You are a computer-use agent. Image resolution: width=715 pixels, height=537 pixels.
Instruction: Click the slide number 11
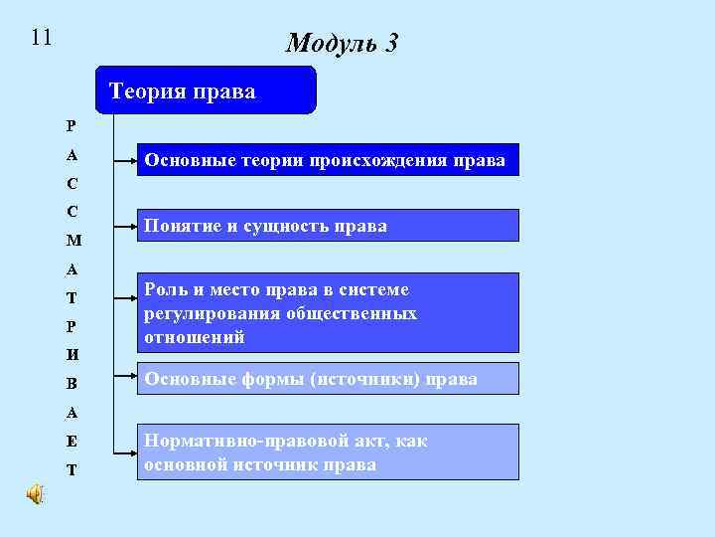41,38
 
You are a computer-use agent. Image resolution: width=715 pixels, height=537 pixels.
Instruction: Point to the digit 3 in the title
390,44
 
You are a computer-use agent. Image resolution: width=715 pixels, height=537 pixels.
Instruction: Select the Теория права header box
205,91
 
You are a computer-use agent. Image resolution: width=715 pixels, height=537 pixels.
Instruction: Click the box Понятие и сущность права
328,226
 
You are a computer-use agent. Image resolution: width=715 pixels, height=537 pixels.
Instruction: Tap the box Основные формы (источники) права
328,379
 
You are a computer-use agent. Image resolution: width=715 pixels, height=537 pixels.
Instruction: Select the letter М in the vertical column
73,240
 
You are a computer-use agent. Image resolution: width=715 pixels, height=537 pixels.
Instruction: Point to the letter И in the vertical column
73,354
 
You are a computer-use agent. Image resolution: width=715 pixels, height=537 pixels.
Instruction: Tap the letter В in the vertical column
73,383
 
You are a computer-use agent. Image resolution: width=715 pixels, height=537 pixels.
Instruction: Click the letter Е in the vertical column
73,441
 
